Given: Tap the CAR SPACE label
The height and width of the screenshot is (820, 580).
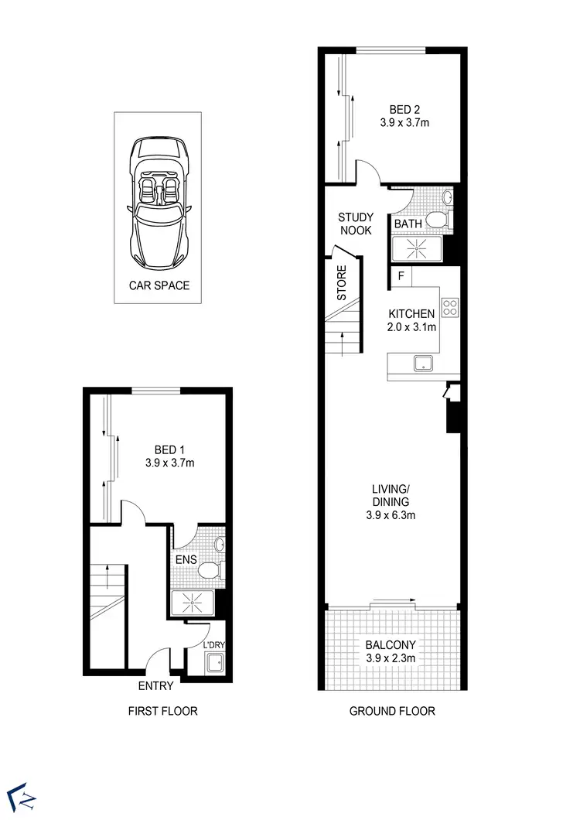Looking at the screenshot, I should [159, 285].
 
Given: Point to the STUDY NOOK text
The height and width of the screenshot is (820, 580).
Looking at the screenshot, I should [355, 224].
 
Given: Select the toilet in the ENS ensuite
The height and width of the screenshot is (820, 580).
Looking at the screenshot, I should [209, 571].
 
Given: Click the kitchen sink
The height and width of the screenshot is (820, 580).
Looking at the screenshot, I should [423, 363].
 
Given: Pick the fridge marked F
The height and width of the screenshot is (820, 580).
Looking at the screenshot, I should [401, 275].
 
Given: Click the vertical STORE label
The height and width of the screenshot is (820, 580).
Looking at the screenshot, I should [341, 283].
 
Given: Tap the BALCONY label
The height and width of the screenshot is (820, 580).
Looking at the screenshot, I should [391, 645].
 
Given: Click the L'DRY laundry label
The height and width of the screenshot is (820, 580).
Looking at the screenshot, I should [213, 644].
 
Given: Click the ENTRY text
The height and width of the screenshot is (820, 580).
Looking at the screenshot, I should [155, 685].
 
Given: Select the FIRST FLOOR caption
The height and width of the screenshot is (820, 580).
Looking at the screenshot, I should [163, 711].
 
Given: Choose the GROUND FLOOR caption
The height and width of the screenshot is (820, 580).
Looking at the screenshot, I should [391, 711].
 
